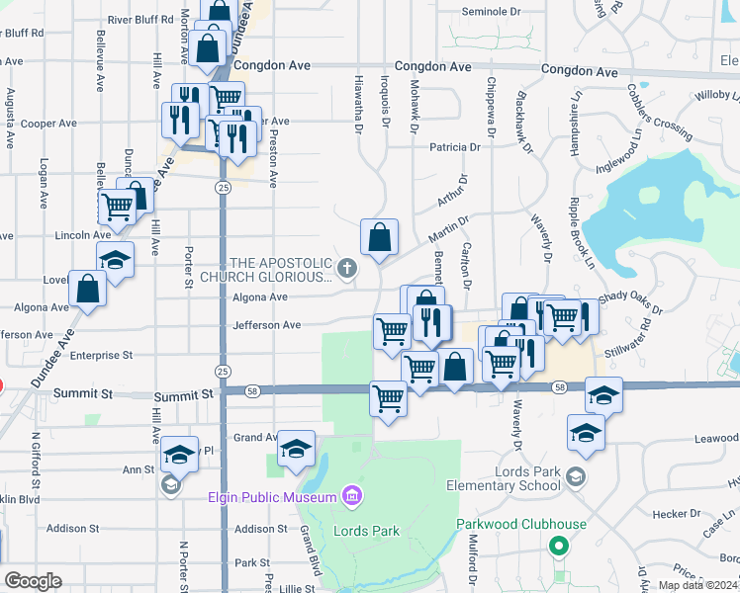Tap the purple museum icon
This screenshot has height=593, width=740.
pyautogui.click(x=349, y=494)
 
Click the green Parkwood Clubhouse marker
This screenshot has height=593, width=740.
pyautogui.click(x=559, y=545)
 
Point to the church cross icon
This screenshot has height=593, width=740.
pyautogui.click(x=347, y=267)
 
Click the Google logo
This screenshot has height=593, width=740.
pyautogui.click(x=33, y=581)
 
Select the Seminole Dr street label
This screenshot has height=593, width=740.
pyautogui.click(x=492, y=12)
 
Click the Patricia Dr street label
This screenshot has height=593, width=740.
pyautogui.click(x=454, y=147)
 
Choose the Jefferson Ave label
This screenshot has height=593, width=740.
pyautogui.click(x=266, y=325)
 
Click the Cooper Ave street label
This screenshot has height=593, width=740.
pyautogui.click(x=48, y=124)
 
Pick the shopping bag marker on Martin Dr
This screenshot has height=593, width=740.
pyautogui.click(x=379, y=237)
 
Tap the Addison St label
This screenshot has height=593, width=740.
pyautogui.click(x=262, y=530)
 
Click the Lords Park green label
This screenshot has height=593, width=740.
pyautogui.click(x=367, y=531)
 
